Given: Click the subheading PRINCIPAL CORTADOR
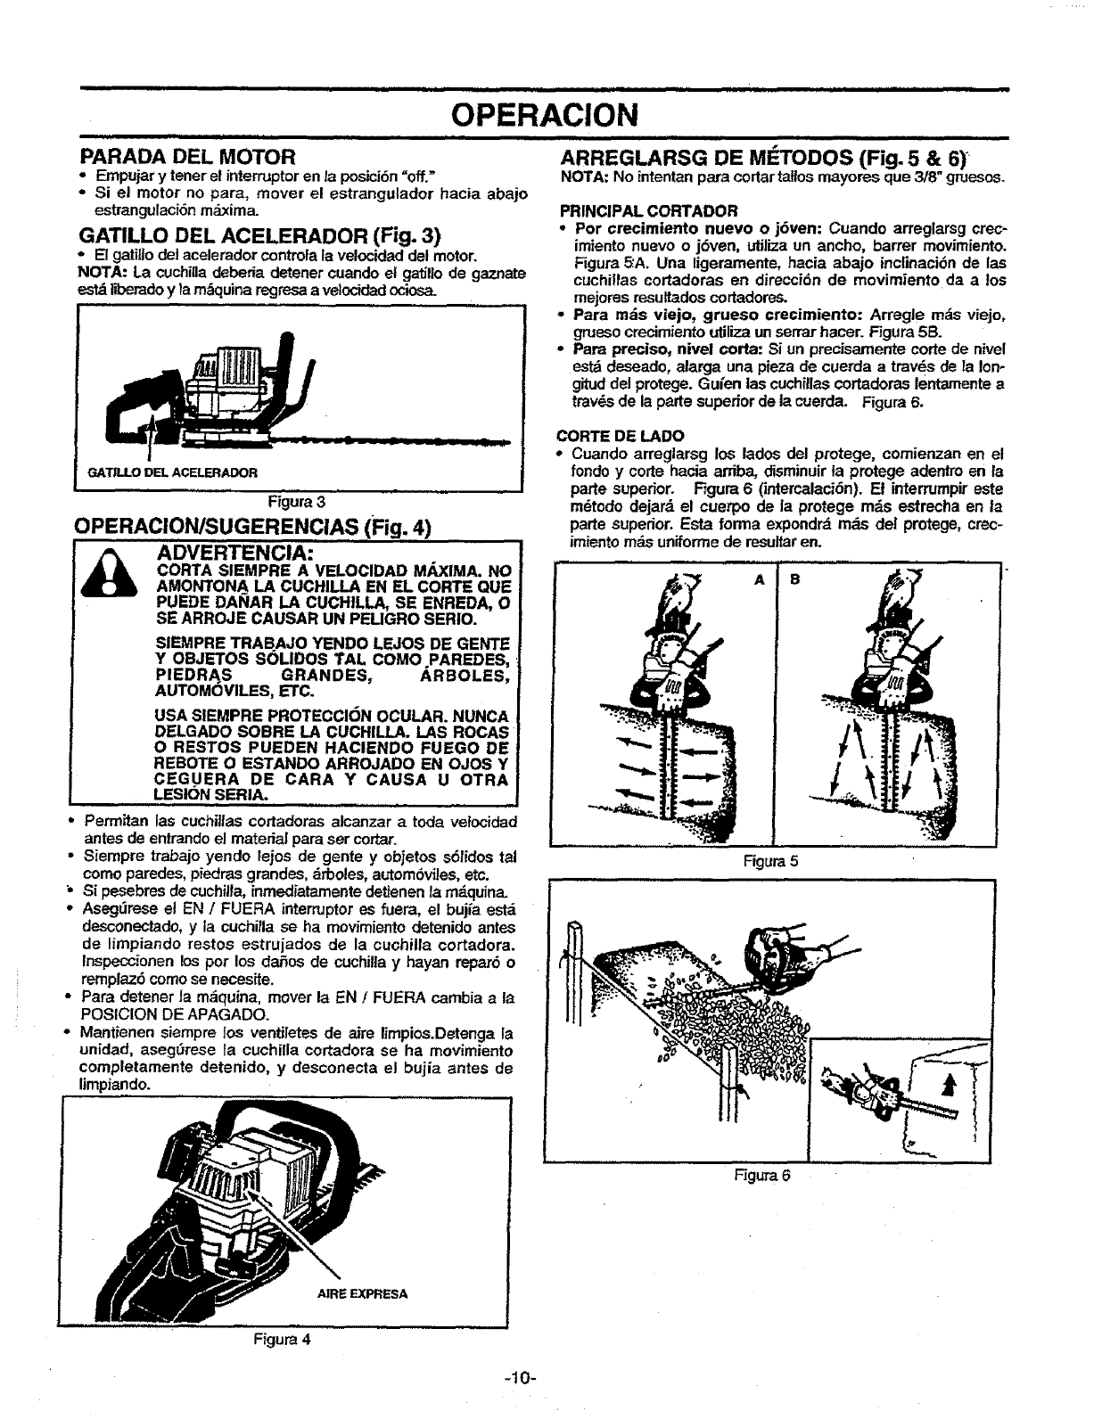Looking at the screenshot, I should pyautogui.click(x=648, y=211).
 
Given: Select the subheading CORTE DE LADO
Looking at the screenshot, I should pyautogui.click(x=621, y=435).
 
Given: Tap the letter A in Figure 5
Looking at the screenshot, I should pyautogui.click(x=760, y=578).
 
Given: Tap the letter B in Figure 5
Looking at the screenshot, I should pyautogui.click(x=795, y=578).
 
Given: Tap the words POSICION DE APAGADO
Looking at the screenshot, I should pyautogui.click(x=176, y=1016).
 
